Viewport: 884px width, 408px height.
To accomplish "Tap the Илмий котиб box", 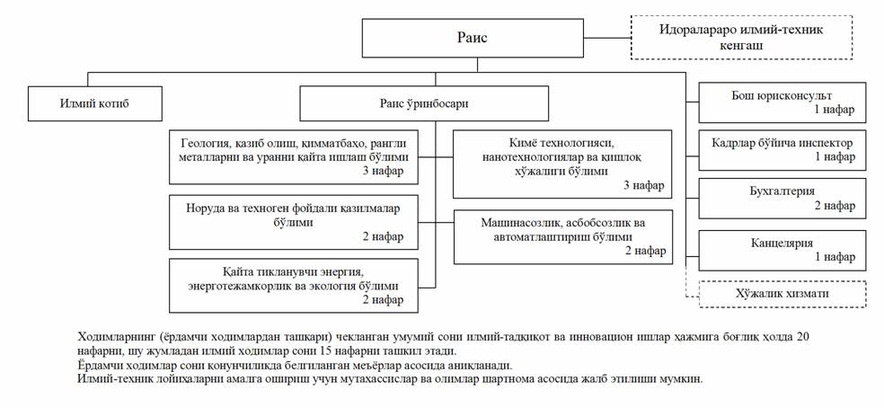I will [x=95, y=104].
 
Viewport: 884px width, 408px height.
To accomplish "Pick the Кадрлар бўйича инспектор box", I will [x=782, y=149].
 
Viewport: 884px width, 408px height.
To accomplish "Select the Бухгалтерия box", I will [x=782, y=198].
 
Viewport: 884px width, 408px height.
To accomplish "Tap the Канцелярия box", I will [x=782, y=249].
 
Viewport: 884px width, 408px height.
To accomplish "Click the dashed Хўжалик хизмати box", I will [x=782, y=294].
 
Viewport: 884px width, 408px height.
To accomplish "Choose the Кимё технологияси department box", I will [x=562, y=164].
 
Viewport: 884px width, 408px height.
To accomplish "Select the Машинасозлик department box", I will [x=562, y=236].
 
